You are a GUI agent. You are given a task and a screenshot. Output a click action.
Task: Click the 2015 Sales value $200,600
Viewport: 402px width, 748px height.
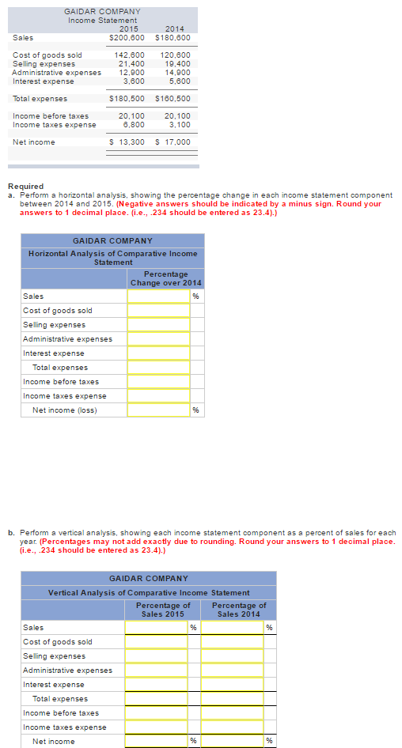pos(127,37)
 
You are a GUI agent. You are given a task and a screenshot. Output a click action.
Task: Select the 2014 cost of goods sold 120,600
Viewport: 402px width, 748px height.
pos(175,55)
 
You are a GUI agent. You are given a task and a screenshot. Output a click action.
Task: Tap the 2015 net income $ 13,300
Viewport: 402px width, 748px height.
pos(127,142)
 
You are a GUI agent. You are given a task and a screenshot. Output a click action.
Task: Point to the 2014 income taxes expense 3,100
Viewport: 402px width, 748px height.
pos(179,124)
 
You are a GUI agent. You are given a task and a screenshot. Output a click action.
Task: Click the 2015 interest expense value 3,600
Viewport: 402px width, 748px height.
pos(131,81)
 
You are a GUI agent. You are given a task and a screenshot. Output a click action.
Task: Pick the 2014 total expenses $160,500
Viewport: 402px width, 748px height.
pos(173,99)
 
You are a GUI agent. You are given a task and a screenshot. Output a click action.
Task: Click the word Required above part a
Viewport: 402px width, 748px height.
pos(25,187)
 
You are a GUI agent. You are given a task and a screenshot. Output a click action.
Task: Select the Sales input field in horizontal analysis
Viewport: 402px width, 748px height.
pos(158,297)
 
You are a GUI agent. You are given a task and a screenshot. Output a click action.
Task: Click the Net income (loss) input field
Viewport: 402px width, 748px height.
pos(158,410)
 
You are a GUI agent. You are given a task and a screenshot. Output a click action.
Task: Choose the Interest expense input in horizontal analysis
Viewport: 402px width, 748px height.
pos(158,353)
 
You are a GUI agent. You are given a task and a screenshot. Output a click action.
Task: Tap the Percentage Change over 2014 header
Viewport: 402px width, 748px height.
pos(165,278)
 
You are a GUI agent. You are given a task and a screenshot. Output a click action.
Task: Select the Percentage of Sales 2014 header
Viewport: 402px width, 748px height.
pos(239,610)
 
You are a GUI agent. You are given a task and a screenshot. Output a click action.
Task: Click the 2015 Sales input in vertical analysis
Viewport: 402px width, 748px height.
pos(156,628)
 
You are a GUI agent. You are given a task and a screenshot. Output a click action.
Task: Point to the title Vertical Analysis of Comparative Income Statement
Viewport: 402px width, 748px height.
pos(149,592)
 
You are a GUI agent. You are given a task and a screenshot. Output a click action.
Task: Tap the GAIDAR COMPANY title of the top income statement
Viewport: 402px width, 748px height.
pos(103,11)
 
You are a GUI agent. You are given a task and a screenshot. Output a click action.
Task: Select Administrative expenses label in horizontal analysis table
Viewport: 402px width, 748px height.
pos(67,339)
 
